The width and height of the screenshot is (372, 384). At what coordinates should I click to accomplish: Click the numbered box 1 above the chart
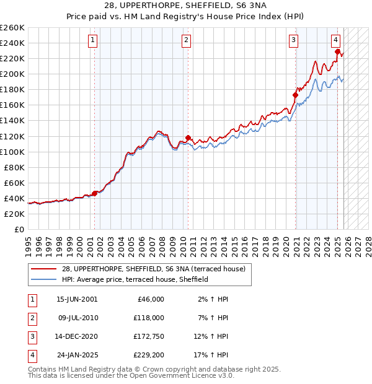click(92, 41)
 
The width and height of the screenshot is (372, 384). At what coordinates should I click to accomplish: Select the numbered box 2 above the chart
click(186, 41)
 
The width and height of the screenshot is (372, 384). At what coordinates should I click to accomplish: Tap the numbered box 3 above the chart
click(293, 41)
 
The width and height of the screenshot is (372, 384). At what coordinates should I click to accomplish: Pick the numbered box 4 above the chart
click(335, 41)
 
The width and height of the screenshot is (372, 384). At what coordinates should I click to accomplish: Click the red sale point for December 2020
click(296, 95)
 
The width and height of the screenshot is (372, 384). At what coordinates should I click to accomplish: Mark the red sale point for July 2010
click(188, 137)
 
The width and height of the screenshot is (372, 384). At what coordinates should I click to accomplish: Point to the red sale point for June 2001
click(95, 193)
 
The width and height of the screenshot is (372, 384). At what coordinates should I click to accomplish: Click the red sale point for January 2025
click(338, 51)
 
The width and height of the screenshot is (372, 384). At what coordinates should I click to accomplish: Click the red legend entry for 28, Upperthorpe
click(153, 269)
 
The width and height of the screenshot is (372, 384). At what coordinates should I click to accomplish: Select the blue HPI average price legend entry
click(135, 280)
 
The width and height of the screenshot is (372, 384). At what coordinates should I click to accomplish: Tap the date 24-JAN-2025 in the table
click(77, 355)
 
